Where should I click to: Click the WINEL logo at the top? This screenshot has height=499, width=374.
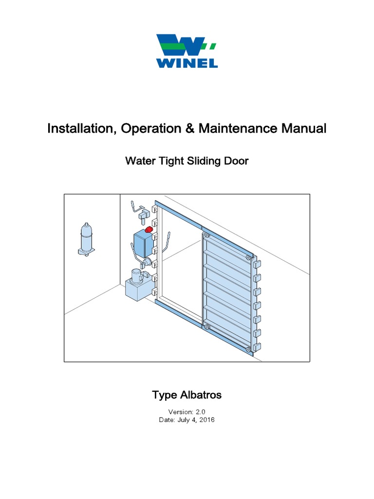tap(187, 51)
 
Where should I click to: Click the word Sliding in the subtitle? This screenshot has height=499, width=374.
tap(205, 161)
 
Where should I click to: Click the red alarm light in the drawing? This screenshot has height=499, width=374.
tap(150, 230)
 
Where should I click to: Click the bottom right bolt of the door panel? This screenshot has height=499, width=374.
tap(248, 349)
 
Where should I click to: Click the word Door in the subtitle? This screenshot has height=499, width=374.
tap(237, 161)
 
